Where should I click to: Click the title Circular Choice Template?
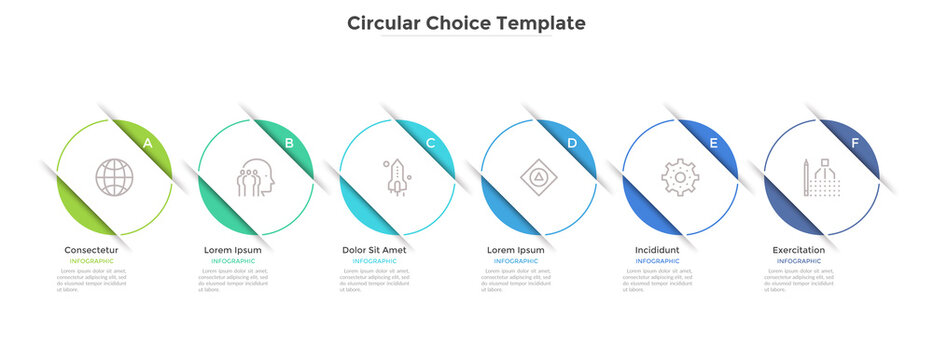coord(466,22)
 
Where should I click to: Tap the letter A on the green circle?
coord(148,143)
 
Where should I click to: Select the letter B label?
coord(289,143)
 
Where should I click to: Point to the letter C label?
coord(431,143)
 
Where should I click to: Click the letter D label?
coord(572,143)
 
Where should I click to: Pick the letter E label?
coord(713,143)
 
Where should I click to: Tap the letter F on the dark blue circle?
coord(854,143)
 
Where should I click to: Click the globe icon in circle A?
coord(114,177)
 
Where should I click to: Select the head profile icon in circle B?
coord(254,177)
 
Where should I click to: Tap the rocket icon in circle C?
coord(396,176)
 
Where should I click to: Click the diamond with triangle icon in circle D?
coord(538,177)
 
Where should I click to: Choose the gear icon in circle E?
coord(680,177)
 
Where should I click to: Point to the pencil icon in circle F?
coord(806,177)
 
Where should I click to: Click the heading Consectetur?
coord(91,249)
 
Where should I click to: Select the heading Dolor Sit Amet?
coord(374,249)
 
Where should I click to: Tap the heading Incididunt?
coord(657,249)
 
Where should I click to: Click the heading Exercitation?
coord(799,249)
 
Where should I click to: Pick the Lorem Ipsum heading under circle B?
coord(233,249)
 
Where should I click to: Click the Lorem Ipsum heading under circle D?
coord(516,249)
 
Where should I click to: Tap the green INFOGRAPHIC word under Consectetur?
coord(91,261)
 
